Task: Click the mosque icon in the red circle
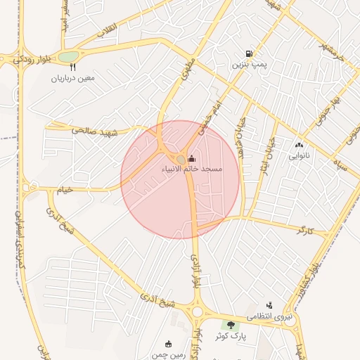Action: click(192, 160)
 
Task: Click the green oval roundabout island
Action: click(68, 56)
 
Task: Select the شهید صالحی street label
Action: click(92, 130)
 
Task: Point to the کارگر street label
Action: click(305, 230)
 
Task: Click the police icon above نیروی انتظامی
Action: click(269, 306)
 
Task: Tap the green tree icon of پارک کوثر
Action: click(230, 324)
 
